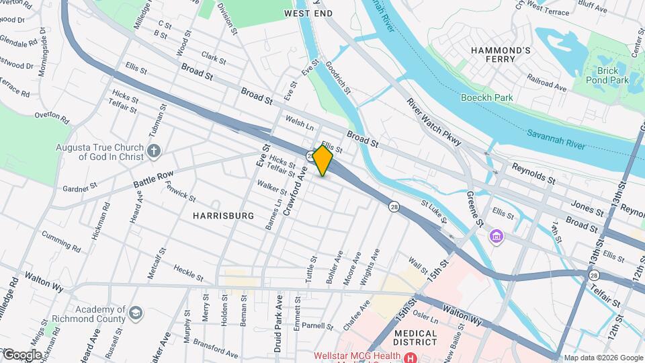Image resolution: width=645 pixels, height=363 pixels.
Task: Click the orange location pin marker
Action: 322,161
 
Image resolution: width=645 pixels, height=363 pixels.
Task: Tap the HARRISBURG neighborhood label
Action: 224,216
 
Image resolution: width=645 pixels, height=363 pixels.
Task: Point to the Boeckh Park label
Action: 487,97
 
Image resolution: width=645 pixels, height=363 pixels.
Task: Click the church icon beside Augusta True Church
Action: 154,151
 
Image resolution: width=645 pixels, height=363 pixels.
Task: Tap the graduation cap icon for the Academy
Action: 136,313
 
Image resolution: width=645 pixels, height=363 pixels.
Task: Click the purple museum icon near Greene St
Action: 497,237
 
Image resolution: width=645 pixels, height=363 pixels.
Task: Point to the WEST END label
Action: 308,13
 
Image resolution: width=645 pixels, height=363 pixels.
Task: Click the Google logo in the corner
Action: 21,354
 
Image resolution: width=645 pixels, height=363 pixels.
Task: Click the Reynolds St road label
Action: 533,173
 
